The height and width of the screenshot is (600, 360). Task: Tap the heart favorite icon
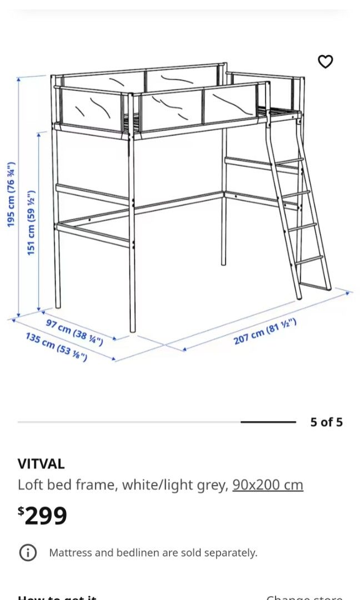tap(325, 62)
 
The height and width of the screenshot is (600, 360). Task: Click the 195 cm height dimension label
tap(11, 194)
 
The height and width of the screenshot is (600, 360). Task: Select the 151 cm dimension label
tap(31, 222)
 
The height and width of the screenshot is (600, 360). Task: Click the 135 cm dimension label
tap(56, 347)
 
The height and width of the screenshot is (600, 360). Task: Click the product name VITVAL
tap(41, 463)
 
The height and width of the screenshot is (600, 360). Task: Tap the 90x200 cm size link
tap(268, 485)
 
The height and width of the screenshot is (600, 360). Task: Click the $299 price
tap(43, 516)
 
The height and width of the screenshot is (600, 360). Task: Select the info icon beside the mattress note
tap(28, 552)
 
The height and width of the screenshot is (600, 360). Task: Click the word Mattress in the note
tap(70, 553)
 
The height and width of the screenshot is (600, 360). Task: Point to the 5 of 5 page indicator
tap(326, 422)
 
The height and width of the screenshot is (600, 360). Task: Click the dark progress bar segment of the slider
tap(268, 422)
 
